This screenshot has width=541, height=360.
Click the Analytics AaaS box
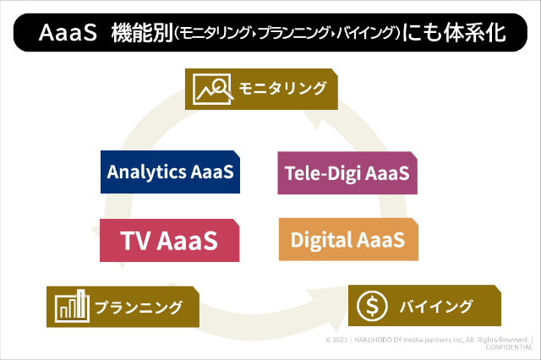170,172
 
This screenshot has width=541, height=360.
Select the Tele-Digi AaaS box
347,173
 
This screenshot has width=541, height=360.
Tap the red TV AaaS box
169,240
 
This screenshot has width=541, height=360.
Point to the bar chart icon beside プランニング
71,306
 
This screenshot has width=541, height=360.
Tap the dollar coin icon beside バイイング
372,305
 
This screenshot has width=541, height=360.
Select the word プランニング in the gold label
137,307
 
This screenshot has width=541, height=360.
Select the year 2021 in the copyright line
343,339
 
